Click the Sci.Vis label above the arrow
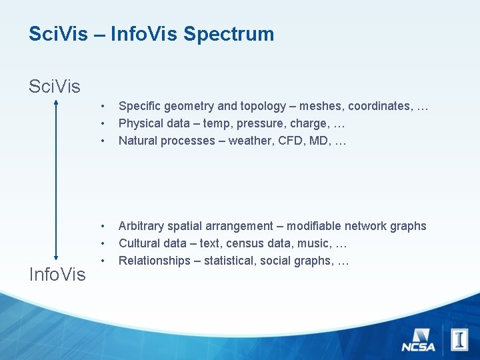click(55, 87)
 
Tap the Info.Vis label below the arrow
click(57, 274)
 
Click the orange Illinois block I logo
click(459, 339)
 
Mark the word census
click(247, 243)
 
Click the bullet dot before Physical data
click(103, 123)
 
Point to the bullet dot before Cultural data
click(103, 243)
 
